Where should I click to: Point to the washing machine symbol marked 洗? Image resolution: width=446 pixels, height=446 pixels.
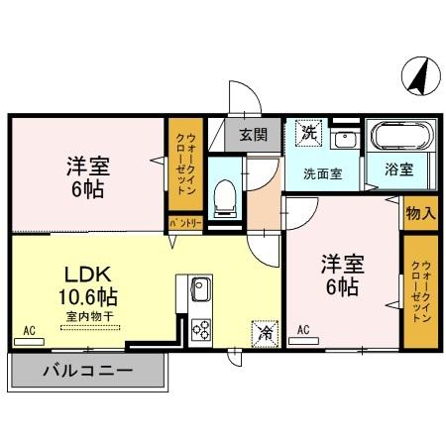pos(307,132)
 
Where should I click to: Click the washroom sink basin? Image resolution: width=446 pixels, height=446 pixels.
pos(343,139)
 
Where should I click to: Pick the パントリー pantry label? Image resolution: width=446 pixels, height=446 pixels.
pos(184,224)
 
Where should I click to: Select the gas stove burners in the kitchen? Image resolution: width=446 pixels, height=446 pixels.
pos(201,328)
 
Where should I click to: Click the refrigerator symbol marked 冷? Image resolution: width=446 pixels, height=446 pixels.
pos(264,333)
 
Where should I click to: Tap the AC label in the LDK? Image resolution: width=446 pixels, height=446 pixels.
pos(29,330)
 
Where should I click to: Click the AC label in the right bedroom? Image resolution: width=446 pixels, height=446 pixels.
pos(303,330)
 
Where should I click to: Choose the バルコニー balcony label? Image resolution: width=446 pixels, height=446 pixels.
pos(87,374)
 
